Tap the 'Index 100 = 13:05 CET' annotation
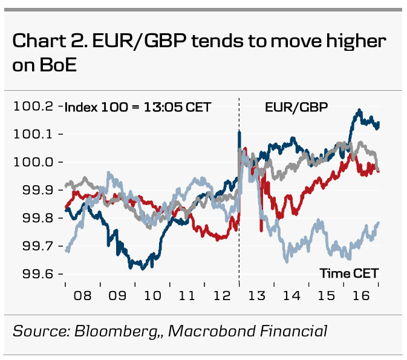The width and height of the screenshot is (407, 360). click(138, 108)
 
